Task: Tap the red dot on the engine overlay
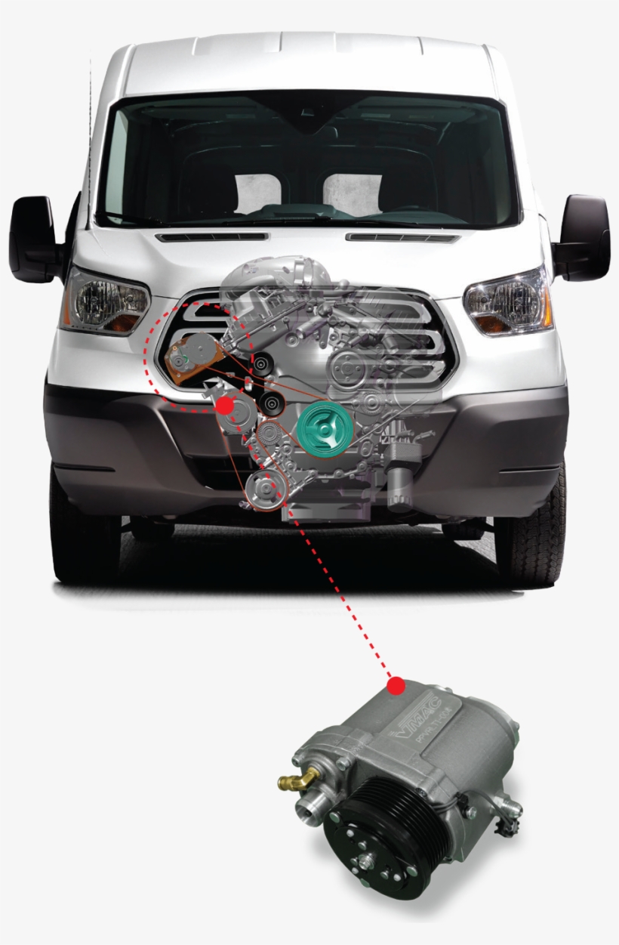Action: point(224,406)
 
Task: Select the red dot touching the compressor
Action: point(395,686)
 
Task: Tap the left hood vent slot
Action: point(211,237)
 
